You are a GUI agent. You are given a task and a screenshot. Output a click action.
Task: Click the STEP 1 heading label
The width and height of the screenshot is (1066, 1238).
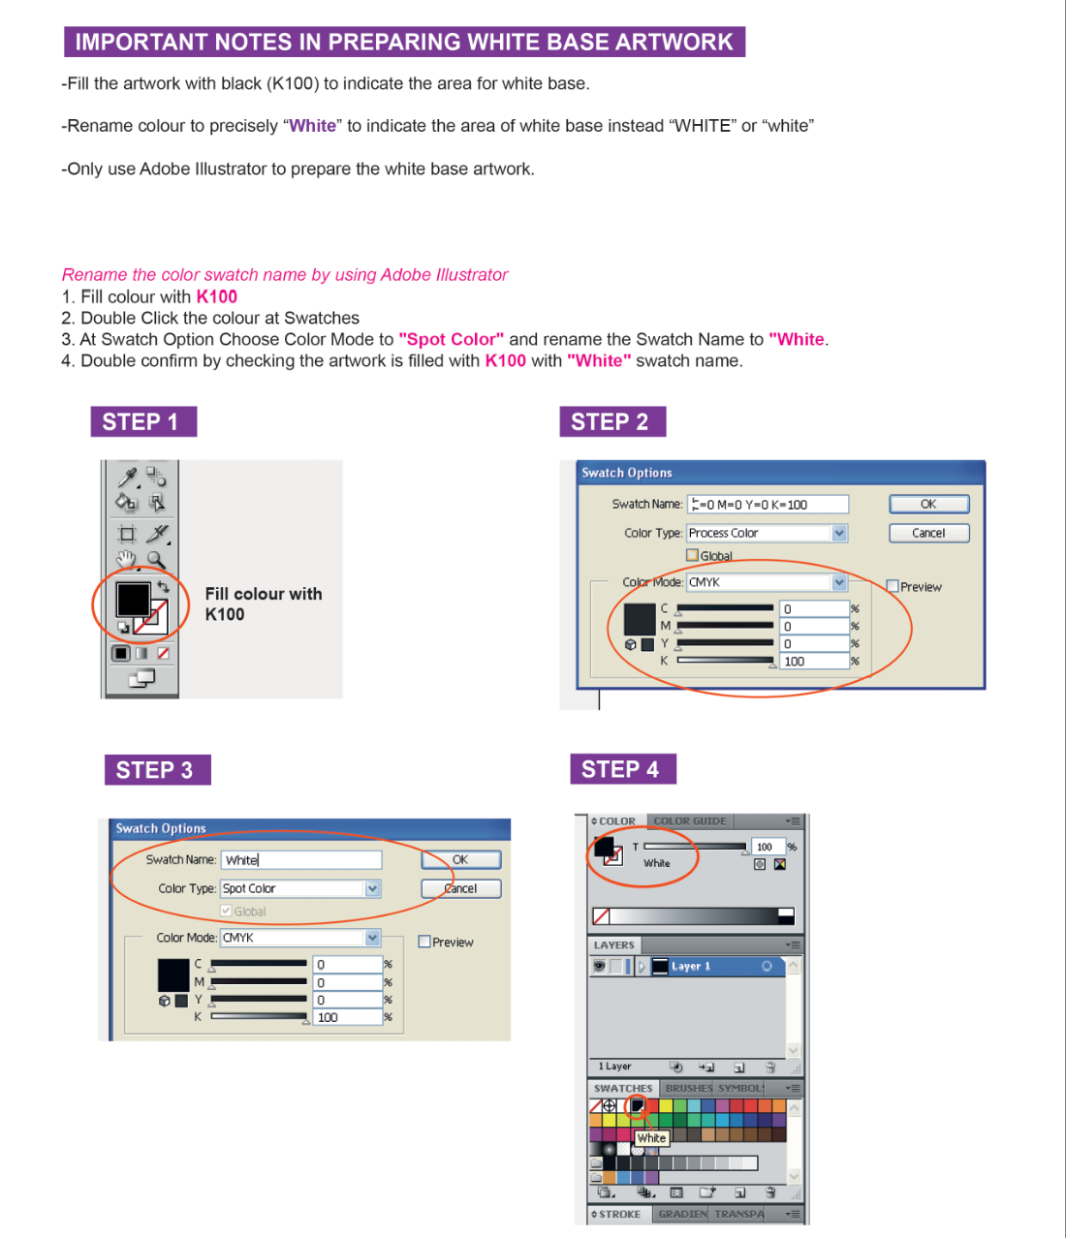tap(142, 422)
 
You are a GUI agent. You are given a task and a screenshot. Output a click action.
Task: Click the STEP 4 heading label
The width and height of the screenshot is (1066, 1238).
tap(621, 770)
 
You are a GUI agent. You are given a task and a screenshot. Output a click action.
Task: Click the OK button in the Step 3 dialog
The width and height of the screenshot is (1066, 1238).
tap(460, 860)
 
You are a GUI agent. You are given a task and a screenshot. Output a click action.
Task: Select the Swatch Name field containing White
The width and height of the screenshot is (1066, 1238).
tap(300, 860)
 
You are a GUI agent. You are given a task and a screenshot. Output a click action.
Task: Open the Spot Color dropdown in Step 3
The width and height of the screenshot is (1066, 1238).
tap(372, 888)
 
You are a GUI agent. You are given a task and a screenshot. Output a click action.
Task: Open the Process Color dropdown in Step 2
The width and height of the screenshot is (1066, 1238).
tap(839, 533)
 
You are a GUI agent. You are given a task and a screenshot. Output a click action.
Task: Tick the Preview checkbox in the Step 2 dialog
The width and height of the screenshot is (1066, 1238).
tap(893, 586)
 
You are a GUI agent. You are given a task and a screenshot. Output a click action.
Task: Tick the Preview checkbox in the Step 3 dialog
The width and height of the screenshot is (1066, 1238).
tap(424, 942)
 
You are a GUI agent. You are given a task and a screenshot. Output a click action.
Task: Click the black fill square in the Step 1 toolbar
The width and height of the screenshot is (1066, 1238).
tap(133, 599)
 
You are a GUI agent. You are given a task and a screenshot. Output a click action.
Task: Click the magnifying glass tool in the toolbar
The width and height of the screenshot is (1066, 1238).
tap(156, 560)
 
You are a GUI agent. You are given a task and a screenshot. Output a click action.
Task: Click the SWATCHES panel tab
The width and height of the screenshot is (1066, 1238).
tap(623, 1089)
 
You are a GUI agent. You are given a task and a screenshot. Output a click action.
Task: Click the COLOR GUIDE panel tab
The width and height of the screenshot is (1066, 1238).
tap(689, 821)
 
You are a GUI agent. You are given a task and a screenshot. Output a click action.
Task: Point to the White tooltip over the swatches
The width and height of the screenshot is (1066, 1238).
tap(651, 1138)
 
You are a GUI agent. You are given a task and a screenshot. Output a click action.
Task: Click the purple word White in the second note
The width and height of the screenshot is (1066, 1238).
tap(312, 126)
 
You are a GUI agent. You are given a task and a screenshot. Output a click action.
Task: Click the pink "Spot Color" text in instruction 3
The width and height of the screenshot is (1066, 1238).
tap(452, 340)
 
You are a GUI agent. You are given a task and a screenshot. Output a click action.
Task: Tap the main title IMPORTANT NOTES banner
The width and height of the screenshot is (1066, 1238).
tap(404, 43)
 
